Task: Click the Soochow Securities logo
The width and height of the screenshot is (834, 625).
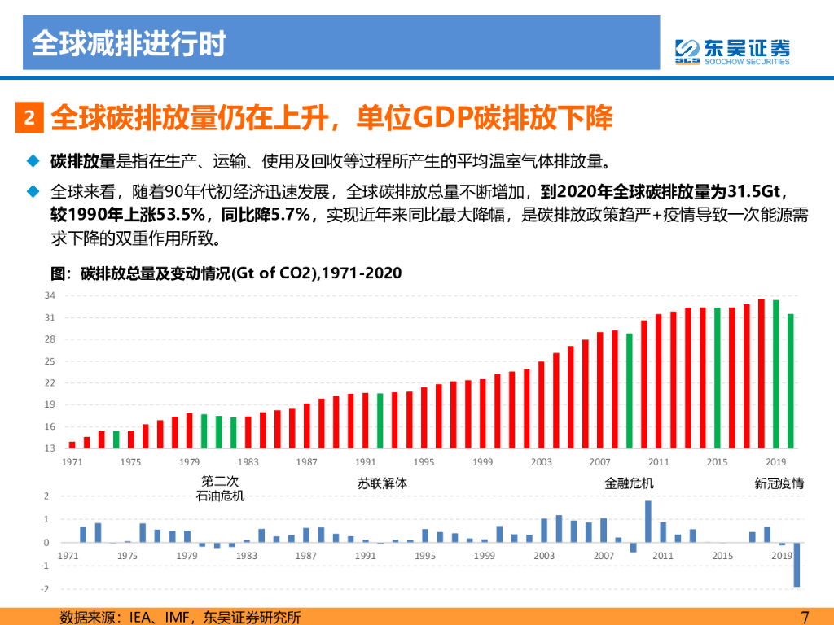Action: [732, 51]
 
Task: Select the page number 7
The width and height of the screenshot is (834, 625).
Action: [805, 617]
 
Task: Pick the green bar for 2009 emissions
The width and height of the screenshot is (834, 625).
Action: [629, 391]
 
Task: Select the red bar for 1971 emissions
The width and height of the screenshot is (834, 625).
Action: [72, 444]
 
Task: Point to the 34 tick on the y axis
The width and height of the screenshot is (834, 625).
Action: [50, 295]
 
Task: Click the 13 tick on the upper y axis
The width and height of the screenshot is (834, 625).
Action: [50, 448]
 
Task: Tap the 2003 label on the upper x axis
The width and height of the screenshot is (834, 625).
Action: [541, 462]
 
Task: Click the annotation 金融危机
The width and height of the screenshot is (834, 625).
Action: [629, 483]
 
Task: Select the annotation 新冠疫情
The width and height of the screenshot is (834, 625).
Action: [779, 483]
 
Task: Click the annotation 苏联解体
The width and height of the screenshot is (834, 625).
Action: [382, 483]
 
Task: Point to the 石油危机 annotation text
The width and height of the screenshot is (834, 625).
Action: [220, 496]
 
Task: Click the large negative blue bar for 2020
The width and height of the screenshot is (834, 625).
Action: [797, 565]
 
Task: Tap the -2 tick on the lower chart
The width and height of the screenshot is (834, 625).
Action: [47, 588]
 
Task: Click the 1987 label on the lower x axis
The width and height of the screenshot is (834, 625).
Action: [306, 556]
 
